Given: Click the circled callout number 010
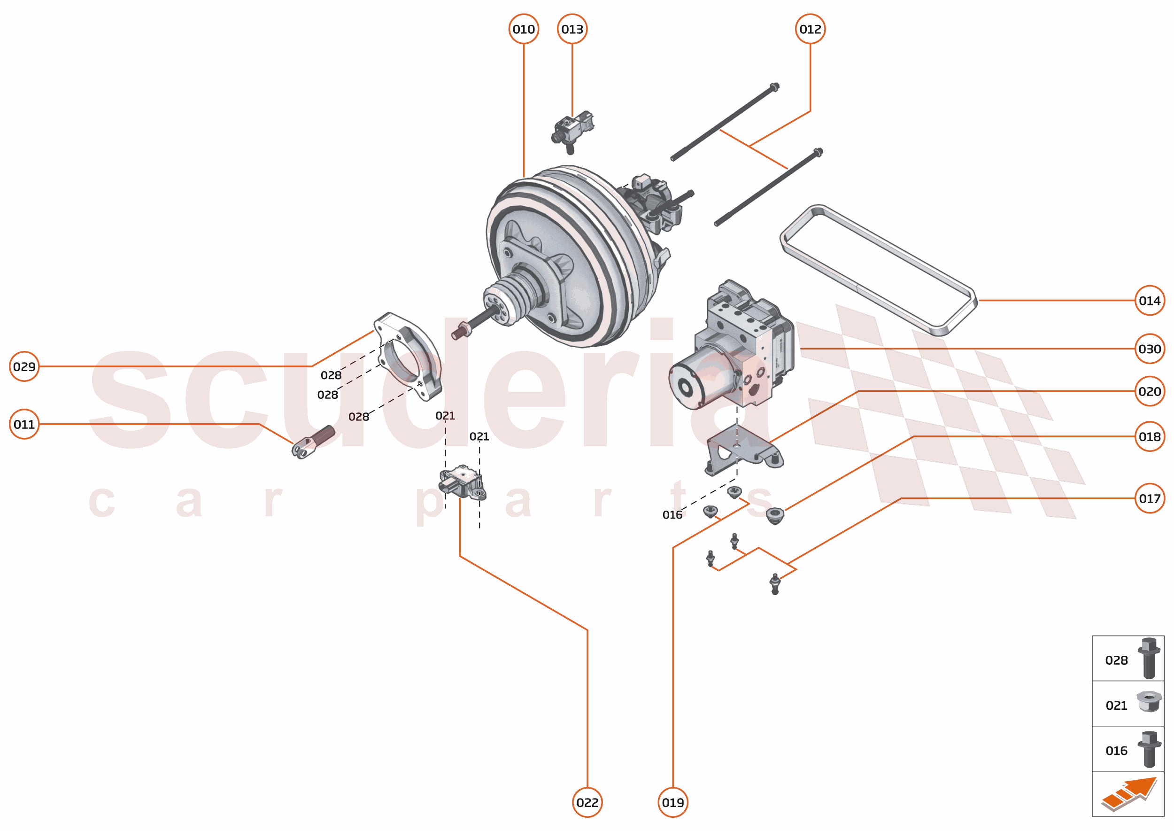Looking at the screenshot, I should click(523, 29).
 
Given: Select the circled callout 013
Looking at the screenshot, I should click(572, 29).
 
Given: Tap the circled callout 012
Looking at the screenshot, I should click(810, 29).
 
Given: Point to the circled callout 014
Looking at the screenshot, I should click(1149, 300).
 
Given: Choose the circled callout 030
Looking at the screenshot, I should click(1149, 349).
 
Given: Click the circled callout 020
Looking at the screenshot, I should click(1149, 391).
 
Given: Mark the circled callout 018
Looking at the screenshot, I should click(1149, 436).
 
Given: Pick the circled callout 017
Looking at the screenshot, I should click(1149, 498).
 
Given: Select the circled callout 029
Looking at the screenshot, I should click(24, 366).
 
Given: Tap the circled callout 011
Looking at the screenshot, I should click(24, 424).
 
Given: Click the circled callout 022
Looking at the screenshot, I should click(587, 802).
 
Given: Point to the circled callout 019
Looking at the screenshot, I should click(672, 802).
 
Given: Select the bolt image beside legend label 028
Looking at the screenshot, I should click(1149, 658).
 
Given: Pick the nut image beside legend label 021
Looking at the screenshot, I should click(1149, 701).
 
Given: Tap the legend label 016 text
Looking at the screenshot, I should click(1116, 751).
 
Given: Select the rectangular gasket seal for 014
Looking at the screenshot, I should click(878, 269).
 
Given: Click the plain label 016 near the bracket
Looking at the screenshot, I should click(672, 515).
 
